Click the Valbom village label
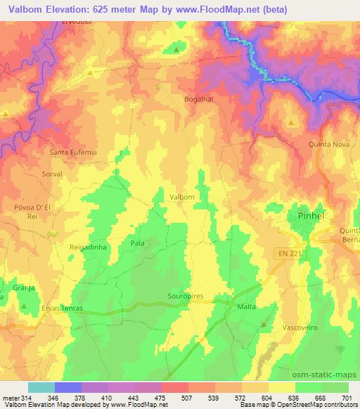click(181, 197)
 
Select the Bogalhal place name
click(198, 99)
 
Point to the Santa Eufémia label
click(72, 151)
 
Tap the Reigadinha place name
click(87, 247)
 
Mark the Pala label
click(137, 243)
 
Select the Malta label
click(246, 307)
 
